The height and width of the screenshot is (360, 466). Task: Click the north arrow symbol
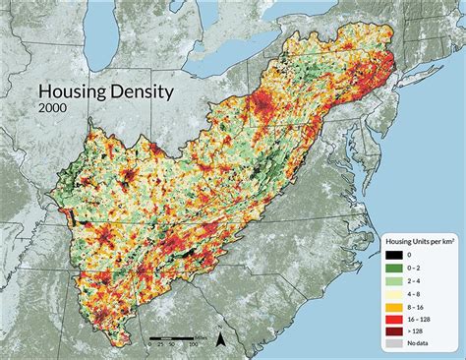[x=221, y=340]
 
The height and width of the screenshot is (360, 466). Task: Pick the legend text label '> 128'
[x=412, y=331]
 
